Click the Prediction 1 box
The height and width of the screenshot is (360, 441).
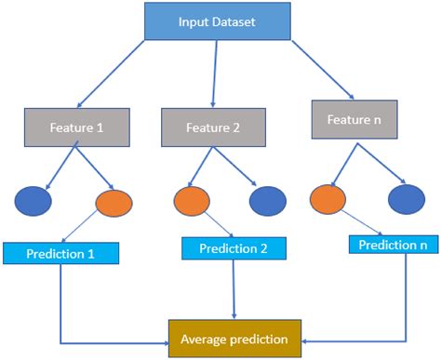(x=61, y=251)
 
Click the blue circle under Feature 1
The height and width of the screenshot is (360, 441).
(x=33, y=199)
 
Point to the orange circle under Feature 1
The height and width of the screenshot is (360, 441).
(x=114, y=201)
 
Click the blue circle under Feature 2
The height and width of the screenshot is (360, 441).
(x=267, y=201)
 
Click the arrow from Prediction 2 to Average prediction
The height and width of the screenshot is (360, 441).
(x=232, y=288)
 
